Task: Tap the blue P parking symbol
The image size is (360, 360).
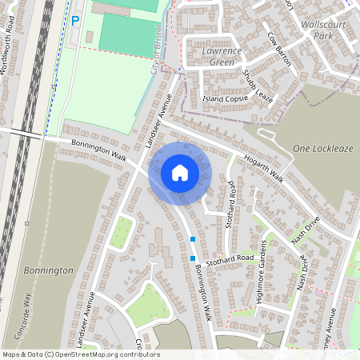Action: pos(76,21)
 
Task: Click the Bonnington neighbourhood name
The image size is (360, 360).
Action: pos(48,271)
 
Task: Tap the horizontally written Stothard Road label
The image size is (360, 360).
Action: pos(229,258)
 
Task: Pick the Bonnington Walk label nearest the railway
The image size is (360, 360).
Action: pos(99,150)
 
